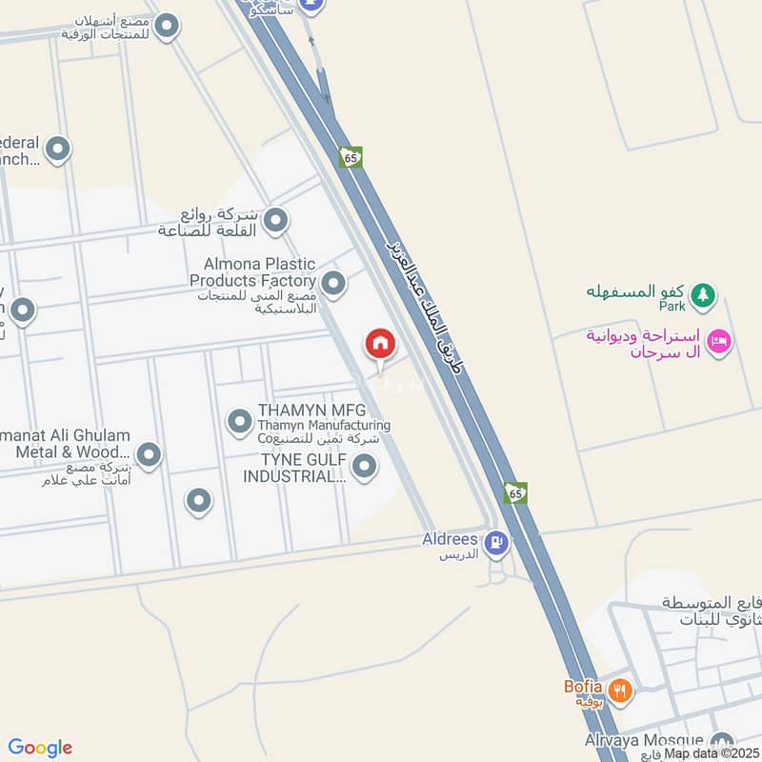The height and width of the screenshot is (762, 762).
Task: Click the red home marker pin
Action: click(380, 344)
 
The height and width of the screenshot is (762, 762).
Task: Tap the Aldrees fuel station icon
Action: click(495, 544)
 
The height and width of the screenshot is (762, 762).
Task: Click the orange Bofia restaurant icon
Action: click(620, 690)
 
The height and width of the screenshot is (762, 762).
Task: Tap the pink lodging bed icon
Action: click(720, 339)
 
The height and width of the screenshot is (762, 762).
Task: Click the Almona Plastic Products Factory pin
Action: click(333, 283)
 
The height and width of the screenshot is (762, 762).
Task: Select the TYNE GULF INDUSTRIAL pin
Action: click(363, 467)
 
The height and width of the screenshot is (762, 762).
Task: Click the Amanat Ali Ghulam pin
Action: click(148, 455)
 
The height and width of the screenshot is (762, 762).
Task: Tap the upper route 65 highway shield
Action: click(351, 156)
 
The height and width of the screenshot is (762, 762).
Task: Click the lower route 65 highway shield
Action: click(515, 492)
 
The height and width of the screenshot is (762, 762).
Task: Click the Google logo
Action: click(40, 748)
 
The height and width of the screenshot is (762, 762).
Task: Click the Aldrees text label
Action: click(450, 539)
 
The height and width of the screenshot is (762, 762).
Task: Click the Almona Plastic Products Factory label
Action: click(253, 271)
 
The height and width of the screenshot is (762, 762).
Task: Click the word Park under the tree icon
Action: click(672, 306)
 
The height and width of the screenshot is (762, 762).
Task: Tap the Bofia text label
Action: click(582, 686)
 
